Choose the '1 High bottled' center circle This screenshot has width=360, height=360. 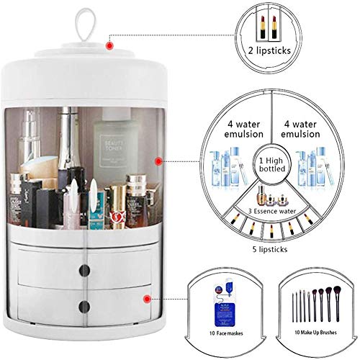coord(274,161)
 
